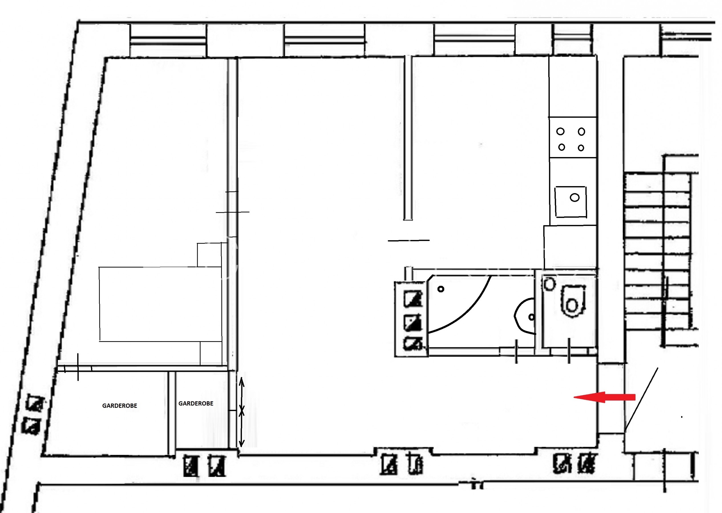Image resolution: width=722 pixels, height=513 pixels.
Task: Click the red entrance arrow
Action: (x=604, y=397)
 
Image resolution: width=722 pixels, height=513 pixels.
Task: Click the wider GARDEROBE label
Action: (x=120, y=406)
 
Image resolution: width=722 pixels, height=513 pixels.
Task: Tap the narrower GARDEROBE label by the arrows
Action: (x=196, y=403)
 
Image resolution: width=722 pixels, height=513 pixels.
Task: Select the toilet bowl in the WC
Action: (x=572, y=301)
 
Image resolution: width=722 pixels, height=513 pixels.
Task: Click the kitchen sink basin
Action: (x=571, y=202)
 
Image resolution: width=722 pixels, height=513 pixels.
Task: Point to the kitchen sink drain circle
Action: (x=574, y=198)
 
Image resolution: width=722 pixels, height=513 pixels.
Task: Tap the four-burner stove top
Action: (x=573, y=138)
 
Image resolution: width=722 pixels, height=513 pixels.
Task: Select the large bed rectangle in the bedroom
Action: (x=161, y=304)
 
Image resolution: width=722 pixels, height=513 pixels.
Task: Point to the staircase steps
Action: (x=658, y=251)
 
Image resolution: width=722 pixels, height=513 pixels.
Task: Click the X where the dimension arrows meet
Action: (x=241, y=411)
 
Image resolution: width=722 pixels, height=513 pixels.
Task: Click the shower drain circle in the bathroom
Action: (x=441, y=289)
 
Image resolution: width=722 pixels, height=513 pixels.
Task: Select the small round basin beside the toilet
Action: (x=549, y=284)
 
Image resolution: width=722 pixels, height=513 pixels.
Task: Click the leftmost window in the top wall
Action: (x=168, y=40)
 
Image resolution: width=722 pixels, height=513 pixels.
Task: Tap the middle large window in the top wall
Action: (x=325, y=40)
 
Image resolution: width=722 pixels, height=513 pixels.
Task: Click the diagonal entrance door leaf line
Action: (x=641, y=400)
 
